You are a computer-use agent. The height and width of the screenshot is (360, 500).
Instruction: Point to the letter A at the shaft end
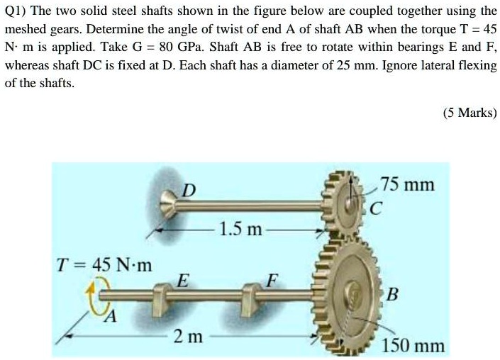tap(109, 316)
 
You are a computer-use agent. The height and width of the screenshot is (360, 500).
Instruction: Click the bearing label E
tap(182, 280)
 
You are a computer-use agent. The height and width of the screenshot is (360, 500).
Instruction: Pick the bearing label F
tap(269, 279)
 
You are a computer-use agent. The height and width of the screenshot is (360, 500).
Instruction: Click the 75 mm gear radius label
tap(407, 185)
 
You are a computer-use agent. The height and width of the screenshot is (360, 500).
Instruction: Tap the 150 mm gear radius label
tap(413, 346)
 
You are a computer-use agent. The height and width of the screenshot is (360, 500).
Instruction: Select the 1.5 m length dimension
tap(240, 230)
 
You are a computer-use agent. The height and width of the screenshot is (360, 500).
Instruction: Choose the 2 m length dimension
tap(189, 337)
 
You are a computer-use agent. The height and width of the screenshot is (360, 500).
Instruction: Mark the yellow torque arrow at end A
tap(97, 294)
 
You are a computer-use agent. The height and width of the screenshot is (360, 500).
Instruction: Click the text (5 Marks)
tap(469, 113)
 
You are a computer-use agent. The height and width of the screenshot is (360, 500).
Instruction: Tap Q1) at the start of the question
tap(18, 13)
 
